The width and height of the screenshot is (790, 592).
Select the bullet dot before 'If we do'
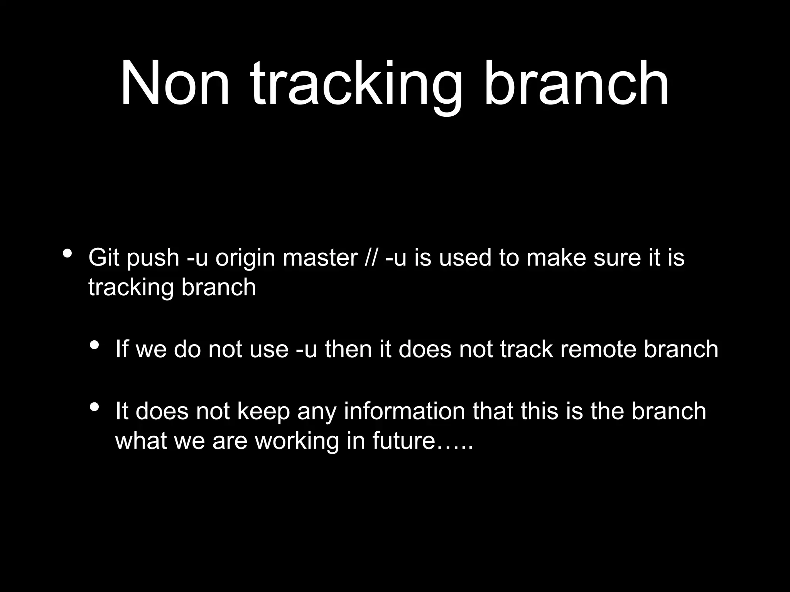tap(94, 345)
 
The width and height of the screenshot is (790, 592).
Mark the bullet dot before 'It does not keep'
tap(94, 407)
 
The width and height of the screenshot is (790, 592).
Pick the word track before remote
tap(527, 349)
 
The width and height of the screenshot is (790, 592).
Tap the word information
tap(404, 411)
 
